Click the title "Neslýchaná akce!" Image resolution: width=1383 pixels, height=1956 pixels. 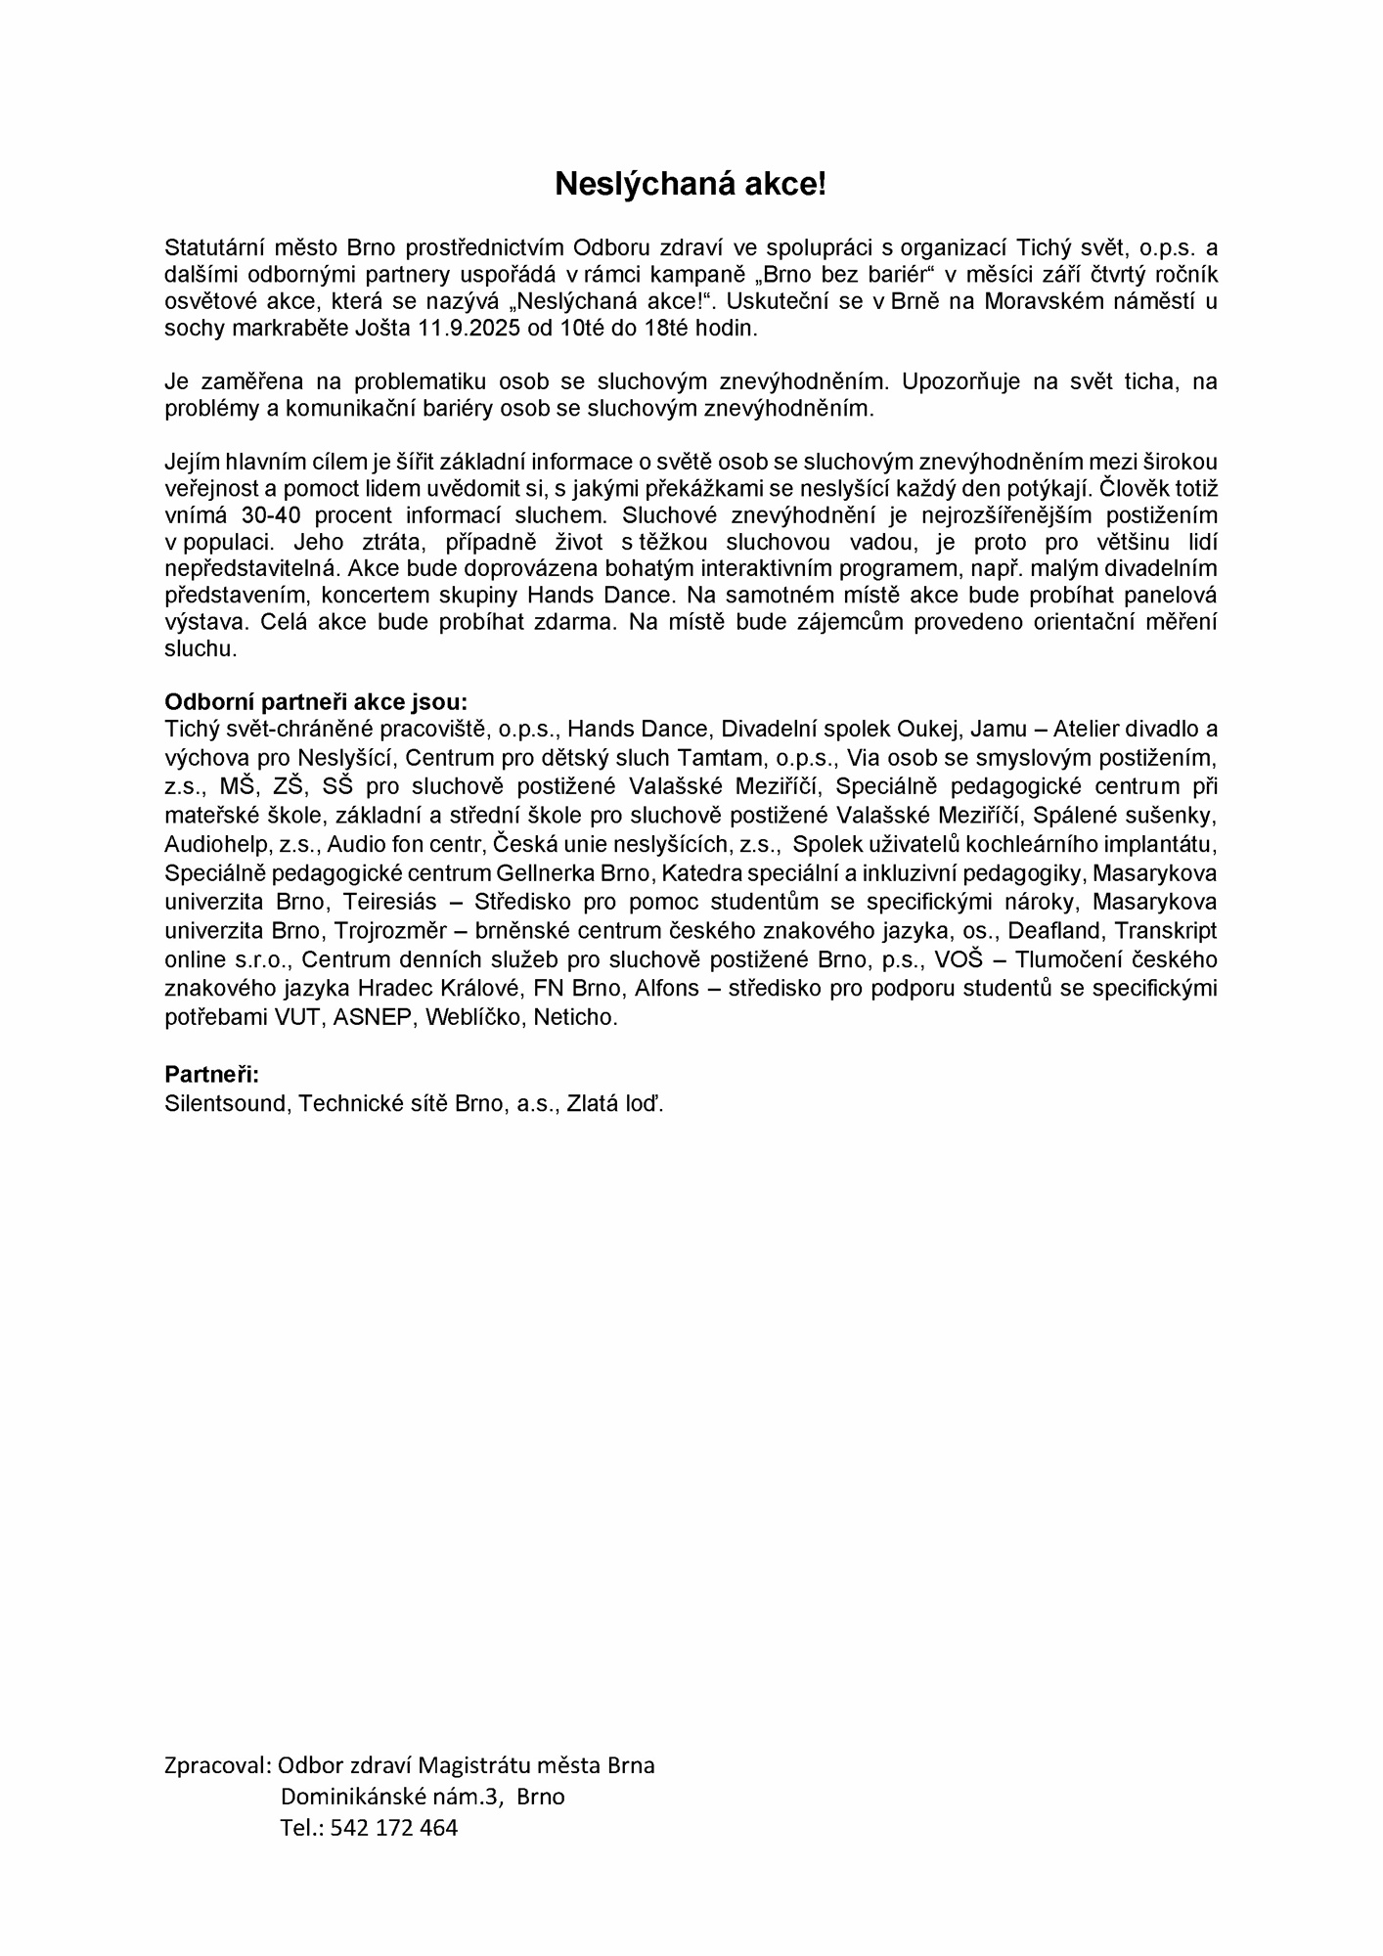[x=691, y=184]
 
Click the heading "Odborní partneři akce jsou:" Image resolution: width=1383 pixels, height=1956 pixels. [x=316, y=702]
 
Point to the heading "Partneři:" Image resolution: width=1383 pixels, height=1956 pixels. [x=212, y=1075]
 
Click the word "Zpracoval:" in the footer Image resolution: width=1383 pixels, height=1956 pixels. [x=217, y=1765]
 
